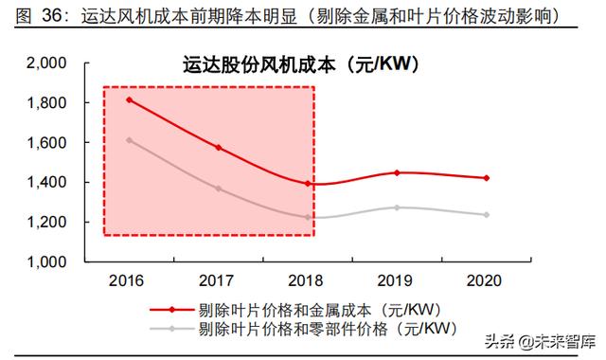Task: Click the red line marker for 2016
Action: (129, 99)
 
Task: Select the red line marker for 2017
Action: (218, 148)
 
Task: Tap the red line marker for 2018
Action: (308, 184)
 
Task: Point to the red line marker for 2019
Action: (397, 172)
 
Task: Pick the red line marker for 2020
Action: (487, 178)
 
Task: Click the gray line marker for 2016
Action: (129, 140)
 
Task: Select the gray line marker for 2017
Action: (218, 189)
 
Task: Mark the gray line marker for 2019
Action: (397, 207)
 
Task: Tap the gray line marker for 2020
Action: (487, 215)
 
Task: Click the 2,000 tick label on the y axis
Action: (45, 63)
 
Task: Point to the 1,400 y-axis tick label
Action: (45, 182)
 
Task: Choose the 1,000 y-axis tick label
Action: (45, 261)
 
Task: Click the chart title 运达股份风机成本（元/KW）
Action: (302, 66)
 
